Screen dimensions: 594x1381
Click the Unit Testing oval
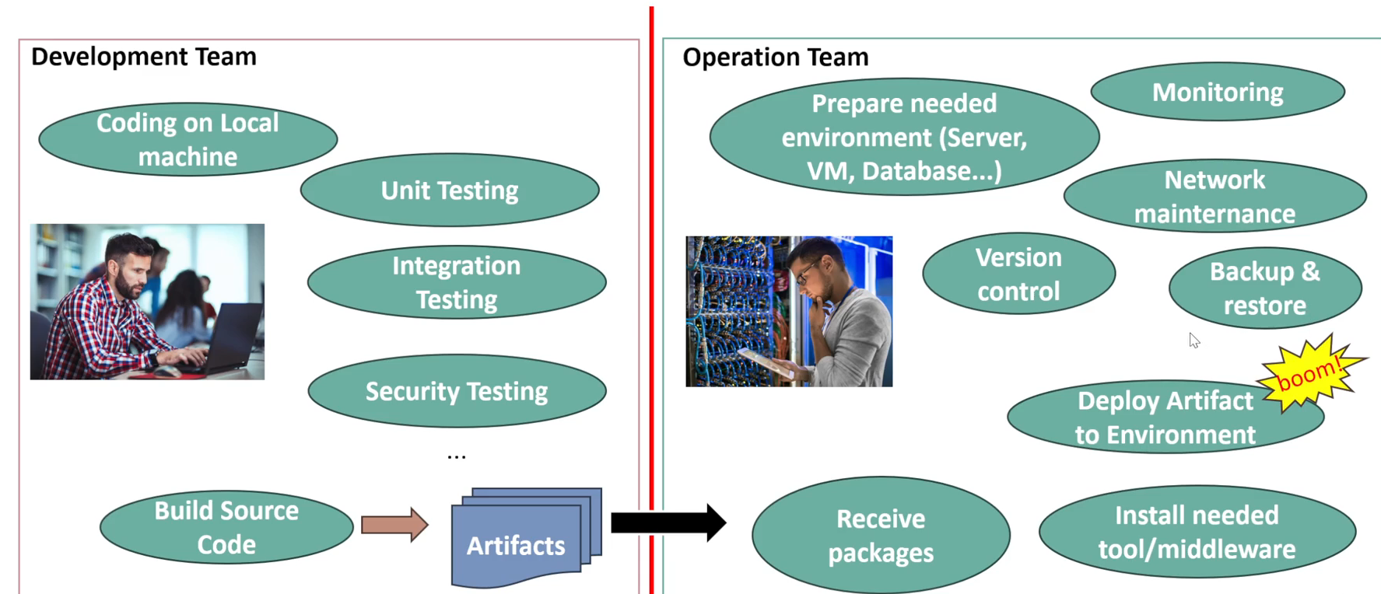click(450, 190)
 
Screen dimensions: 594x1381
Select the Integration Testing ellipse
click(457, 282)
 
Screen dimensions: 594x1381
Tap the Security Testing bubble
click(457, 391)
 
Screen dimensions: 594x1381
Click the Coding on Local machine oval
click(188, 139)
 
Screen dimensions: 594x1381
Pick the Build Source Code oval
click(226, 527)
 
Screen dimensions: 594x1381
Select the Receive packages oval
click(881, 536)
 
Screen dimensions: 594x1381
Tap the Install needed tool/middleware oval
click(1197, 532)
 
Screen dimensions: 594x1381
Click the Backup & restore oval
click(1265, 288)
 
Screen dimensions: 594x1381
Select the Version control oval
click(1018, 274)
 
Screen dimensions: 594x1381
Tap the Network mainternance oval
click(1215, 197)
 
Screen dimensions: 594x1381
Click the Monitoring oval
click(1218, 93)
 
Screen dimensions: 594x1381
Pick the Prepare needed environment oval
click(904, 137)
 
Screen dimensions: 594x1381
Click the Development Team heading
click(144, 57)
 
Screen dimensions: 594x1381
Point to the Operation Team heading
click(775, 58)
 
